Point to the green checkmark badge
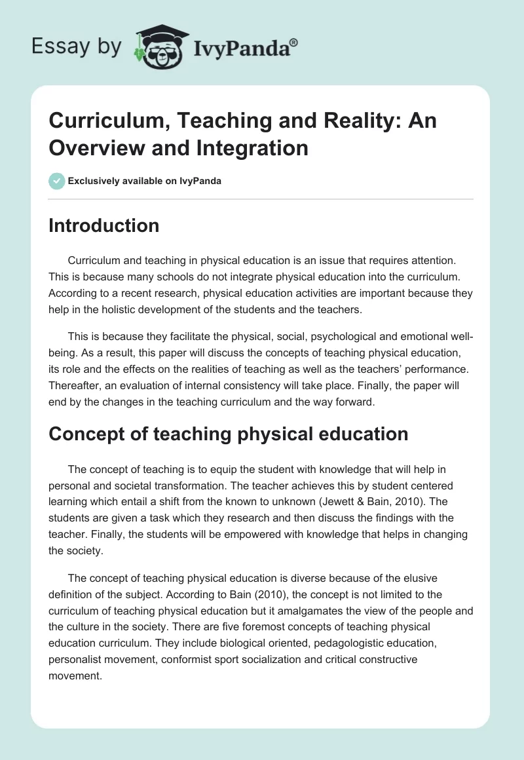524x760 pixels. tap(56, 181)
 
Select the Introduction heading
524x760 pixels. tap(103, 225)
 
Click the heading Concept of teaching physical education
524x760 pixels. tap(228, 433)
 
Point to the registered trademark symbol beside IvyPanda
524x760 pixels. tap(294, 41)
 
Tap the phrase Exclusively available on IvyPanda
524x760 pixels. tap(144, 181)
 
